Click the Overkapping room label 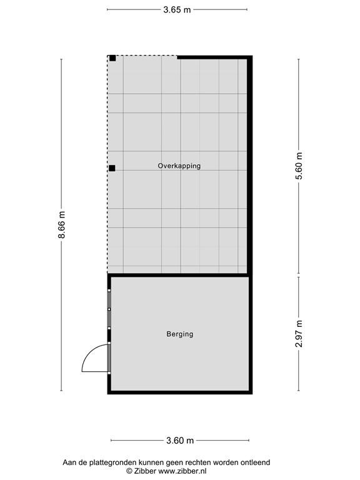pyautogui.click(x=179, y=166)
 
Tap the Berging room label pyautogui.click(x=179, y=334)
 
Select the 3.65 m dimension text pyautogui.click(x=177, y=9)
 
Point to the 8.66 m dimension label pyautogui.click(x=61, y=225)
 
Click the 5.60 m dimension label pyautogui.click(x=299, y=166)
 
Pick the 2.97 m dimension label pyautogui.click(x=299, y=333)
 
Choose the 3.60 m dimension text pyautogui.click(x=179, y=441)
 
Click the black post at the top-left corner pyautogui.click(x=112, y=59)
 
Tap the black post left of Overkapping pyautogui.click(x=112, y=168)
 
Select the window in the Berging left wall pyautogui.click(x=109, y=309)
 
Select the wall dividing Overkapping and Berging pyautogui.click(x=179, y=275)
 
